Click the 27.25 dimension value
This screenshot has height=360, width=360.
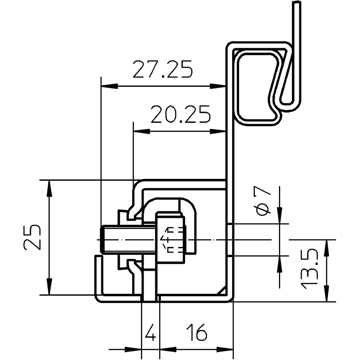click(163, 69)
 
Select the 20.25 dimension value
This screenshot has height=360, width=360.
click(180, 114)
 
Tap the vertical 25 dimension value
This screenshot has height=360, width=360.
click(32, 237)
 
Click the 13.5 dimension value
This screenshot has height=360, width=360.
click(309, 270)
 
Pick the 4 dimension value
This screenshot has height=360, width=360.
click(150, 332)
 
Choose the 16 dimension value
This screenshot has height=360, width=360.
click(197, 332)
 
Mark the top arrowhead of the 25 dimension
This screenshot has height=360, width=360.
click(49, 189)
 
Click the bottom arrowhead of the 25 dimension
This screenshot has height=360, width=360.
click(49, 286)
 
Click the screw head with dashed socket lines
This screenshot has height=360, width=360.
click(171, 238)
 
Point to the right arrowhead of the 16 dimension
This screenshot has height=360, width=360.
click(225, 350)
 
